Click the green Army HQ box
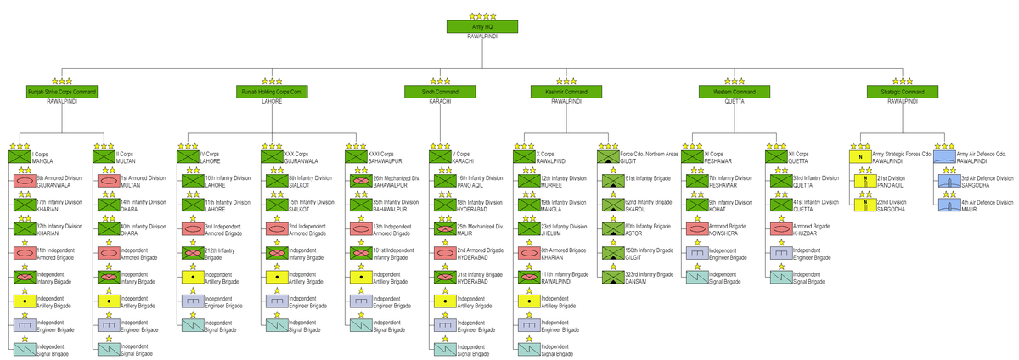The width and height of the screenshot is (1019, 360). tap(482, 28)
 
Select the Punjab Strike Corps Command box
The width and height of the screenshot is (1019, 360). tap(61, 92)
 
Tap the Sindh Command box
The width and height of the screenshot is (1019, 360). tap(441, 92)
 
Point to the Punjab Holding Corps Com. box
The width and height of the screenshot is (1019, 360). tap(272, 92)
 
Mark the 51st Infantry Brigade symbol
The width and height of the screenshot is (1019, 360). tap(613, 181)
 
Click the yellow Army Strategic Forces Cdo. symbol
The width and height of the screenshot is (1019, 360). tap(860, 156)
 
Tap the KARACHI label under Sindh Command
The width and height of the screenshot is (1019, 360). tap(441, 101)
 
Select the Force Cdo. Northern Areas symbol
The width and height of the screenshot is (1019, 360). tap(608, 156)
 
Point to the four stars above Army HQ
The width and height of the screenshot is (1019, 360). tap(482, 15)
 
